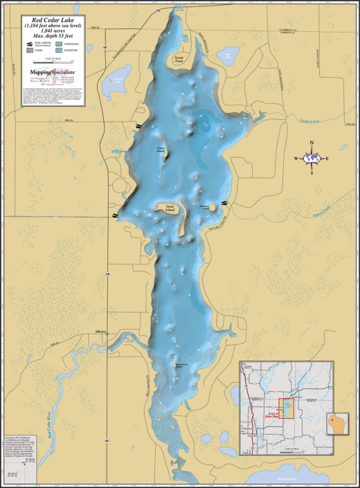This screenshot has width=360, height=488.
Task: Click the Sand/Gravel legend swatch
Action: coord(64,43)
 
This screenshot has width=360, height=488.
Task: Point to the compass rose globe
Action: coord(313,159)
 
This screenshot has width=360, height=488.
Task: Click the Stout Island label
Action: coord(170,206)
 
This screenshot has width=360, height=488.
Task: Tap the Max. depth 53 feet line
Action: coord(51,35)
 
